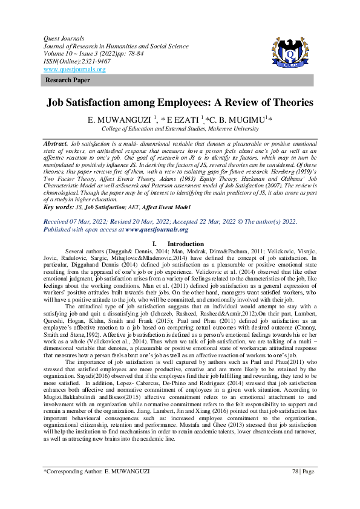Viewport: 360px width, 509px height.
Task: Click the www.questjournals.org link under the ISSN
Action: point(74,70)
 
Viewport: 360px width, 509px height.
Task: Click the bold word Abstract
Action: point(55,143)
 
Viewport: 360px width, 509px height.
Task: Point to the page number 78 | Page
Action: point(303,487)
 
